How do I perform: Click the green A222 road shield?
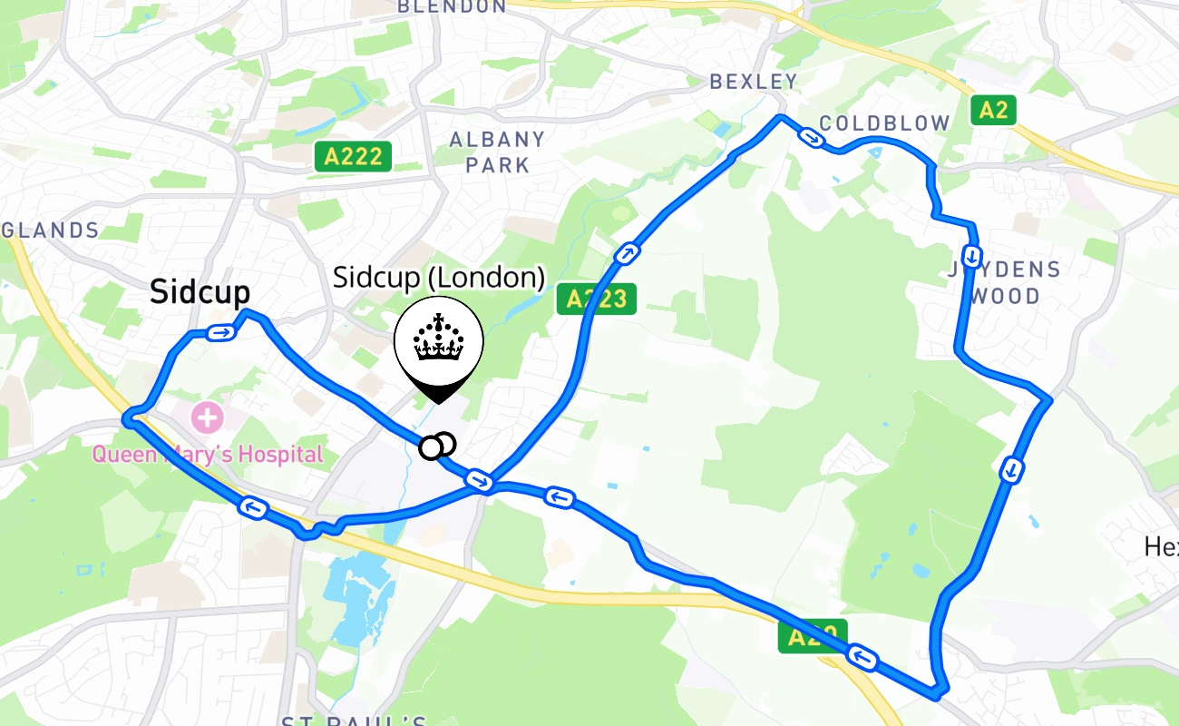[353, 157]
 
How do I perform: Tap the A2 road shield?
[993, 111]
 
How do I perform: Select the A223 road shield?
[596, 299]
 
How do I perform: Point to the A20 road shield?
[812, 636]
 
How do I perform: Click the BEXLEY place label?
[754, 82]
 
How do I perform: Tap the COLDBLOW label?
[884, 123]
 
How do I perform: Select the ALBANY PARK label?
[498, 152]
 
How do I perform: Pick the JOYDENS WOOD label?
[1004, 282]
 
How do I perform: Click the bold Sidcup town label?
[200, 292]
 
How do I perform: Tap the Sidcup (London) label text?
[439, 277]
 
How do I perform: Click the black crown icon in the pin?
[439, 338]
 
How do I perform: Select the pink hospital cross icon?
[206, 418]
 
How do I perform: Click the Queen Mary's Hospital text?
[207, 454]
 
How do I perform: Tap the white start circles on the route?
[437, 446]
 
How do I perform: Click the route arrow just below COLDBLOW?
[811, 138]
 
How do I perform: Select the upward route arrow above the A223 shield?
[626, 253]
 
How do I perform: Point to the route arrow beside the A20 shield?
[863, 657]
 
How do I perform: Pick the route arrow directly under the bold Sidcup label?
[220, 333]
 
